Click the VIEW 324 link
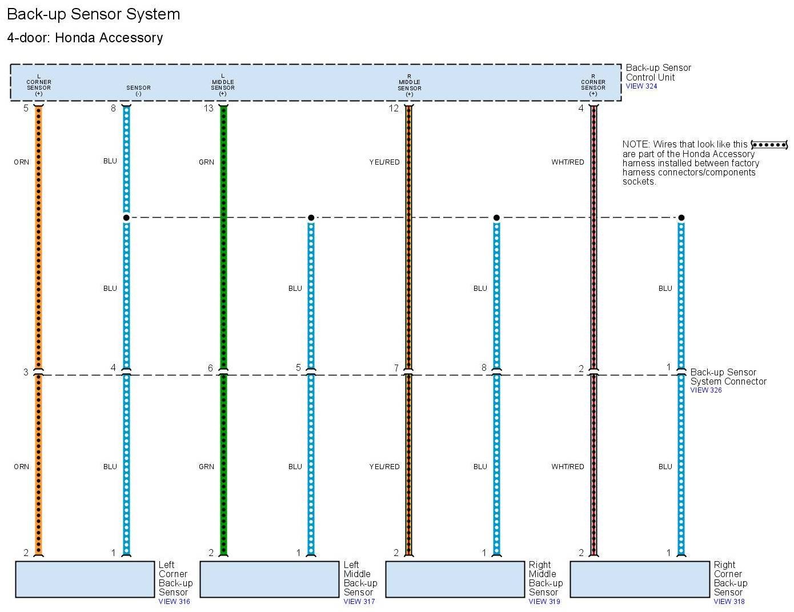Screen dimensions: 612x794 (641, 86)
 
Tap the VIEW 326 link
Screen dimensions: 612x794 (705, 390)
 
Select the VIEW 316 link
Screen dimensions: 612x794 (174, 601)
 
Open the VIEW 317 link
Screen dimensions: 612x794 (359, 601)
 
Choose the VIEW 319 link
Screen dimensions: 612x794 (544, 601)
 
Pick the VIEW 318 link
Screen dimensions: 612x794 (729, 601)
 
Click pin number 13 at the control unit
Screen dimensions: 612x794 (208, 108)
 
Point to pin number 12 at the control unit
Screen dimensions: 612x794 (394, 108)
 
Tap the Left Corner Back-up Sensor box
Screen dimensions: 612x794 (85, 579)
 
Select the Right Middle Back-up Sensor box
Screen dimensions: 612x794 (455, 579)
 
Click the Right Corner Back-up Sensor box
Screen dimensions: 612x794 (640, 579)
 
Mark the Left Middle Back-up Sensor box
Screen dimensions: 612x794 (270, 579)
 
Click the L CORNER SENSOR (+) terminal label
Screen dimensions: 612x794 (39, 85)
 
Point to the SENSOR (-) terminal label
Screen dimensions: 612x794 (138, 90)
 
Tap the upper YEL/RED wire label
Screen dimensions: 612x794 (384, 162)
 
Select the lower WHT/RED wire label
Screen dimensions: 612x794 (567, 467)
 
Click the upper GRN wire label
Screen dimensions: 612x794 (206, 162)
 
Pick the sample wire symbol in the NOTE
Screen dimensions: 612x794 (769, 145)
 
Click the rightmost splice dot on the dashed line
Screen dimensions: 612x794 (681, 218)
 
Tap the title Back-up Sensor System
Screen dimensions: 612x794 (93, 14)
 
